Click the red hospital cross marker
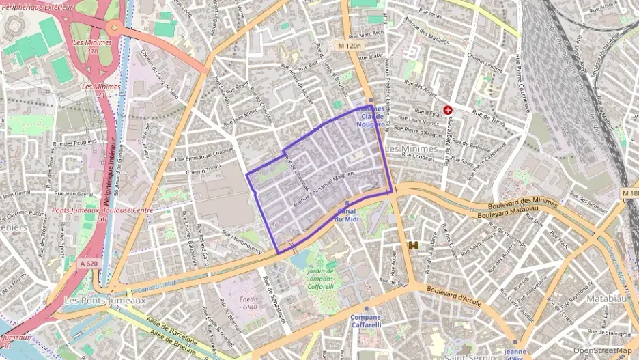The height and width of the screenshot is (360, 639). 448,109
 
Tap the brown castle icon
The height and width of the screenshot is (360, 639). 412,245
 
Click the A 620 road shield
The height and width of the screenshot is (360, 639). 89,263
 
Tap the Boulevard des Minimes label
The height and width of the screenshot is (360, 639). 522,204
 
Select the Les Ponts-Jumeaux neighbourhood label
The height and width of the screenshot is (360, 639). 96,301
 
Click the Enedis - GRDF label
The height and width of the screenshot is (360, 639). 250,303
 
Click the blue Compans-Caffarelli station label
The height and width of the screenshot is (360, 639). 367,321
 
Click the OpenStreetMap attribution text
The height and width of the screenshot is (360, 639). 602,350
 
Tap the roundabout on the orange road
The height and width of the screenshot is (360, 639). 113,28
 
